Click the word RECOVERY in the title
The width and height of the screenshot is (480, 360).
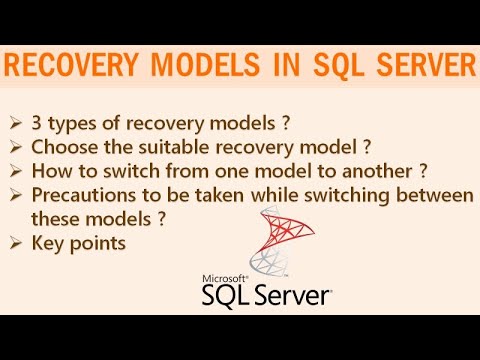click(x=83, y=67)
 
